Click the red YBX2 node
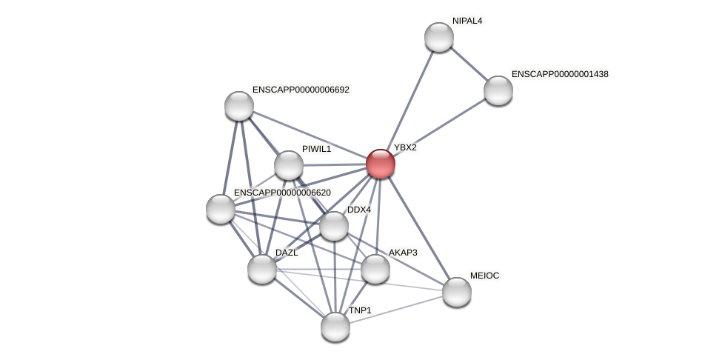tap(381, 164)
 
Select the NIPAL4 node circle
tap(439, 37)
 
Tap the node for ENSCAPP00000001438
tap(498, 90)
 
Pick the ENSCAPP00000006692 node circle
tap(239, 106)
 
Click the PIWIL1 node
tap(289, 165)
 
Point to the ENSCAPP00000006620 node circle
tap(221, 209)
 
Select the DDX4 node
tap(334, 226)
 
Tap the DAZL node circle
tap(262, 269)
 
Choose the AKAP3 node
tap(375, 269)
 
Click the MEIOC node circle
tap(457, 292)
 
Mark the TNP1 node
tap(335, 327)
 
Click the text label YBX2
tap(405, 147)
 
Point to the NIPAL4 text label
tap(467, 21)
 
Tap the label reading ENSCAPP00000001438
tap(560, 74)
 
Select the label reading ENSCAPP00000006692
tap(301, 90)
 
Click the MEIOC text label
tap(485, 276)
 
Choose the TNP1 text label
tap(360, 310)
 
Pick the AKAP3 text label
tap(403, 253)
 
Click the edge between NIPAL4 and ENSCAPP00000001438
tap(469, 64)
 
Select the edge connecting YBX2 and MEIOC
tap(419, 228)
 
